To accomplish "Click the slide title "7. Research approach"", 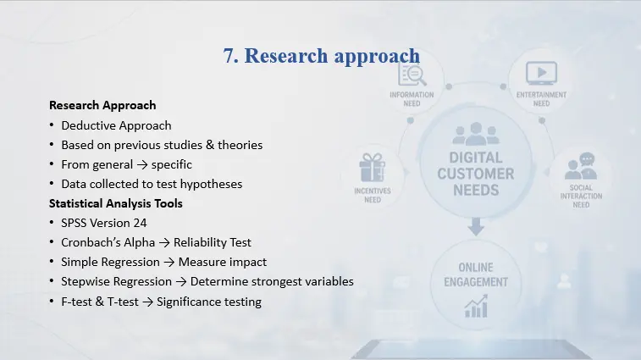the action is tap(321, 56).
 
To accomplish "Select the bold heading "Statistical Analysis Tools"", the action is tap(116, 203).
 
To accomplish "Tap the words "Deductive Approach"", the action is tap(116, 125).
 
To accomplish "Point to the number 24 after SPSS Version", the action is tap(140, 223).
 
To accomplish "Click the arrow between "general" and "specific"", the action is tap(142, 165).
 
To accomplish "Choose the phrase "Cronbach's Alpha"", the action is tap(108, 242).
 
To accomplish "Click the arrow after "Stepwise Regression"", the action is tap(181, 282).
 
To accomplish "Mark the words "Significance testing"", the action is tap(209, 302).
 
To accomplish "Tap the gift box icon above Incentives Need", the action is tap(372, 168).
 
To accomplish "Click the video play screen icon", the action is tap(541, 73).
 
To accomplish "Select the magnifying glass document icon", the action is tap(412, 75).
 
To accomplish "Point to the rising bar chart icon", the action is tap(476, 307).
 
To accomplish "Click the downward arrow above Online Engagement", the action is tap(476, 227).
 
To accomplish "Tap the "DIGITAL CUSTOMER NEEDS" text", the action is tap(476, 174).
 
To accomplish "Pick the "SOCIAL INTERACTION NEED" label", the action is tap(581, 197).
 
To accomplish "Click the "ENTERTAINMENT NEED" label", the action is tap(541, 99).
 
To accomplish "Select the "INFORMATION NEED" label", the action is tap(412, 99).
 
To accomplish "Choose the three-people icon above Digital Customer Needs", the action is tap(476, 134).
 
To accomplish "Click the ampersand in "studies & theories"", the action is tap(210, 145).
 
